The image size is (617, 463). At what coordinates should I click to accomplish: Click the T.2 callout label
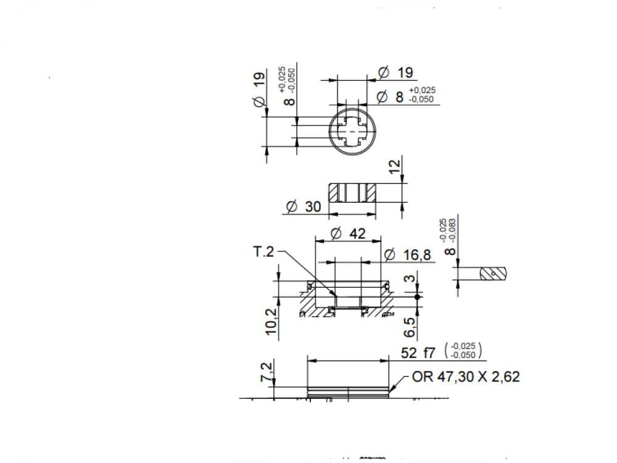tap(263, 252)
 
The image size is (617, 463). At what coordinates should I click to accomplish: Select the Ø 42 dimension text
tap(348, 233)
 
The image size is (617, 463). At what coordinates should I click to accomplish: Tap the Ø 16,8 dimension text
tap(407, 255)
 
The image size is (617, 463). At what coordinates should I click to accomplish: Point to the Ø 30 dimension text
tap(304, 206)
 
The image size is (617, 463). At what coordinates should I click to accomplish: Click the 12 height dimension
tap(394, 165)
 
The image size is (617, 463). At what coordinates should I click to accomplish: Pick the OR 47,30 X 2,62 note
tap(466, 377)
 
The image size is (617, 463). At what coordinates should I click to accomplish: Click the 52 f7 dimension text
tap(418, 352)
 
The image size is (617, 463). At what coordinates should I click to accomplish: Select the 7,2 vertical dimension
tap(267, 372)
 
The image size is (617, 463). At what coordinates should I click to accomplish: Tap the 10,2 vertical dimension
tap(271, 322)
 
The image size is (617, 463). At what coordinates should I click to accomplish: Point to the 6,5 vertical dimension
tap(410, 327)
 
